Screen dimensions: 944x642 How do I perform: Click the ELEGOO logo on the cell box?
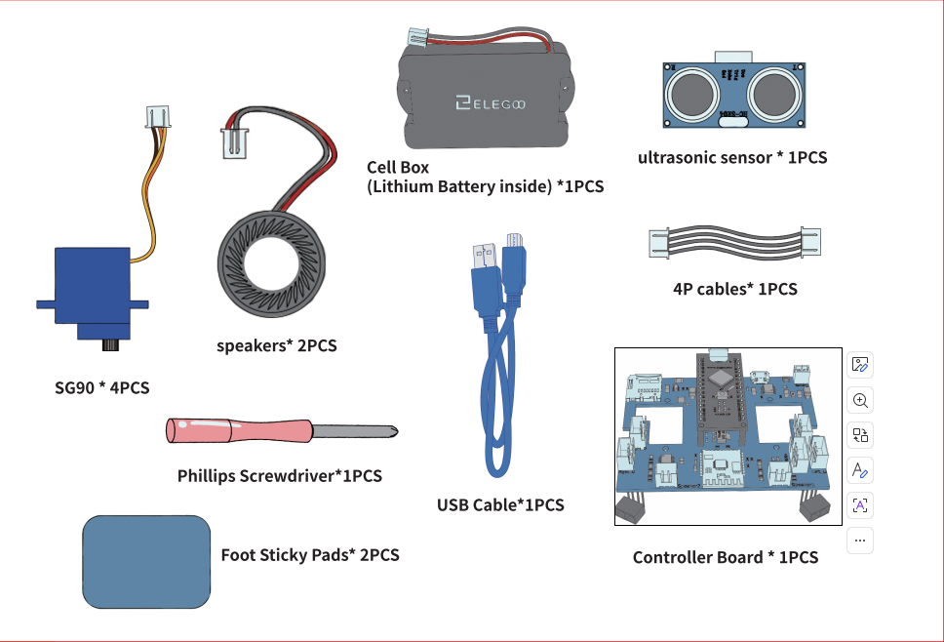point(491,103)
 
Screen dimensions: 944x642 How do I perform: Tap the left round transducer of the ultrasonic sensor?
point(693,94)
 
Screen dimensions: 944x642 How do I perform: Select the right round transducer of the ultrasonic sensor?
point(773,94)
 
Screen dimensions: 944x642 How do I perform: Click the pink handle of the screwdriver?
point(239,431)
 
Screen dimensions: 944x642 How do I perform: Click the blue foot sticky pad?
point(146,562)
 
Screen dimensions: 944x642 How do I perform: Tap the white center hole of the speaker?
point(271,264)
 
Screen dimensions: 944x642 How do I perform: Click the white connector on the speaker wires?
point(235,144)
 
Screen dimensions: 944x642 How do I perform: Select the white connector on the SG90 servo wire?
point(158,117)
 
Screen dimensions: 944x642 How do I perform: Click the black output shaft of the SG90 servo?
point(109,345)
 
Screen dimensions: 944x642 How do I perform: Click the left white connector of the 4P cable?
point(659,244)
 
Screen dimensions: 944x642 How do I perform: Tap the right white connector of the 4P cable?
point(810,243)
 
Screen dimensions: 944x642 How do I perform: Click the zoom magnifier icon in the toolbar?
point(860,400)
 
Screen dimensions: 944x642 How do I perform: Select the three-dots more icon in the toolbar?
point(860,541)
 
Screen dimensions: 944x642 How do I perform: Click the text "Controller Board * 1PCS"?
point(726,557)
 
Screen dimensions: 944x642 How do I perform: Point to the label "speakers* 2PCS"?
point(277,345)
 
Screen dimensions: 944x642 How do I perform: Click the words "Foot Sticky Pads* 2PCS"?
point(310,554)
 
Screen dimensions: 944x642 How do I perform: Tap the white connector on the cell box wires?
point(417,37)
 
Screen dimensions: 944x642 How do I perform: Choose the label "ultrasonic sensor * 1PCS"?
point(732,157)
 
